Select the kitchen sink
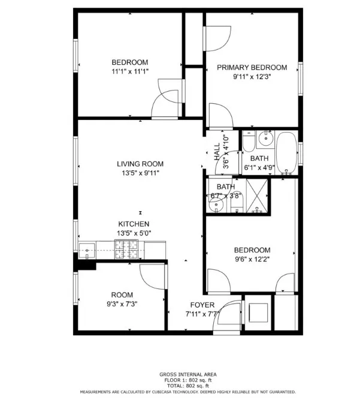pos(87,249)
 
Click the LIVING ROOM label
pos(140,164)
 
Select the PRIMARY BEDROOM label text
pos(252,67)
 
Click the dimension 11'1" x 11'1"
pos(129,71)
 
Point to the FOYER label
pos(202,305)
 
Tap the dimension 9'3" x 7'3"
pos(122,304)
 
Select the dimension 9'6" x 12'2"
pos(252,260)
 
